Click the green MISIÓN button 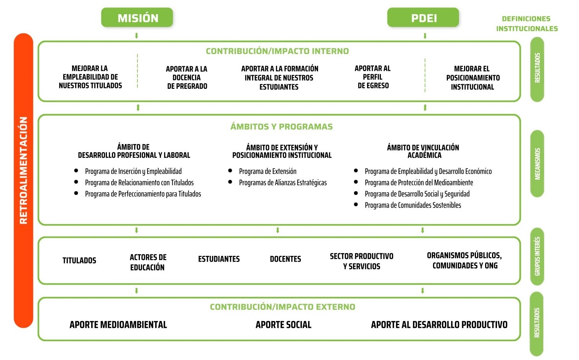(x=137, y=17)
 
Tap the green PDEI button (x=423, y=17)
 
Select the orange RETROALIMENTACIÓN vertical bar (x=23, y=180)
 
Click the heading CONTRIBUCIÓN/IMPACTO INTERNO (x=277, y=51)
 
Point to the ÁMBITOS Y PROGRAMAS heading (x=282, y=126)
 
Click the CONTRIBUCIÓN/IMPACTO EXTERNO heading (x=282, y=307)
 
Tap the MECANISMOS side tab (x=537, y=164)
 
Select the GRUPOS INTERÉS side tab (x=537, y=257)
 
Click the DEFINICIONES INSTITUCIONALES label (x=527, y=23)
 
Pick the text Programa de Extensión (x=267, y=171)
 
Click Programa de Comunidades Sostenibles (x=413, y=205)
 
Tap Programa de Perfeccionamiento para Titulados (x=143, y=194)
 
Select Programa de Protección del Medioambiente (x=419, y=183)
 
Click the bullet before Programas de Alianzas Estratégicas (x=230, y=182)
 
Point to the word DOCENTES (x=285, y=259)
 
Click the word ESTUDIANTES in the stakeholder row (x=219, y=259)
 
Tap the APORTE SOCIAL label (x=283, y=325)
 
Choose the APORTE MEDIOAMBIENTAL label (x=118, y=325)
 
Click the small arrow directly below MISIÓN (x=136, y=36)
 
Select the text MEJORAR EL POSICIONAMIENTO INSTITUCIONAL (x=473, y=78)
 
